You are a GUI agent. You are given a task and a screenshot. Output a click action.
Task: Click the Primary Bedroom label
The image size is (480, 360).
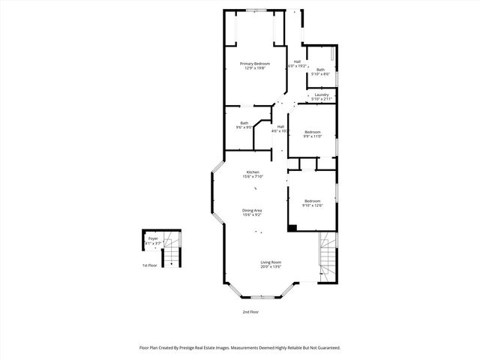click(x=255, y=64)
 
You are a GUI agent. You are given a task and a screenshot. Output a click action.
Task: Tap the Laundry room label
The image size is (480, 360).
click(x=321, y=94)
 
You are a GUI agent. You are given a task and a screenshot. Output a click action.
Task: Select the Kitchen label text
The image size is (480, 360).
click(x=252, y=172)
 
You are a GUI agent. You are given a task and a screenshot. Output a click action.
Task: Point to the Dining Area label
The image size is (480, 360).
click(x=252, y=210)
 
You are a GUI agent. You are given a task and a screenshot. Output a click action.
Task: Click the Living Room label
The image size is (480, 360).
click(x=271, y=262)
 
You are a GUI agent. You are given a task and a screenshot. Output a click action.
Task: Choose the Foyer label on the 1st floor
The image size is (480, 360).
click(x=153, y=238)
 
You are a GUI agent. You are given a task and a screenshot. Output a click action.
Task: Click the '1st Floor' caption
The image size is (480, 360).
click(x=150, y=265)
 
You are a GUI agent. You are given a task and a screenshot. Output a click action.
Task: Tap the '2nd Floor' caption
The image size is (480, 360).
click(x=250, y=311)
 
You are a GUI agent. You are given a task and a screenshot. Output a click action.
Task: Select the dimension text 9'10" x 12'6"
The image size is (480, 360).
click(x=312, y=205)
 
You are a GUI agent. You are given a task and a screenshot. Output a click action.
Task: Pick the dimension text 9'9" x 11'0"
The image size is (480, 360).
click(x=312, y=136)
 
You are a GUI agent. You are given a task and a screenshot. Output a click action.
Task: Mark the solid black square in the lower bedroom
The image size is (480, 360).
click(x=292, y=227)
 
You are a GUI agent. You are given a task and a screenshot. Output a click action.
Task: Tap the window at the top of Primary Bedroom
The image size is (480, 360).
click(x=256, y=10)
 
